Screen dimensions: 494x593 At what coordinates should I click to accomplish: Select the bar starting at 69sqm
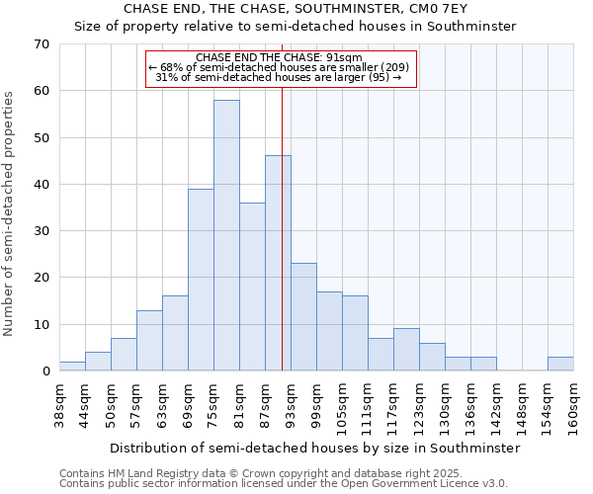(x=201, y=280)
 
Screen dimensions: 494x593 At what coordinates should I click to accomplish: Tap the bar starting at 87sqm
(x=278, y=263)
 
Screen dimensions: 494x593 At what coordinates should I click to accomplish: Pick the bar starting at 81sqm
(x=252, y=287)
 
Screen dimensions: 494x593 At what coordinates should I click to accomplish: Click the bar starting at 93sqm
(x=303, y=317)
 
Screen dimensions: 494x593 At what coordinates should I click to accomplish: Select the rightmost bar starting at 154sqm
(x=560, y=364)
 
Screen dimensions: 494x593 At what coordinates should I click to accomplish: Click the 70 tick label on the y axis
(x=41, y=43)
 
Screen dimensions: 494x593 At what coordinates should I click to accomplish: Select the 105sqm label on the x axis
(x=342, y=405)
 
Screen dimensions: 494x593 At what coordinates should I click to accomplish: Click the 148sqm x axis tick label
(x=522, y=405)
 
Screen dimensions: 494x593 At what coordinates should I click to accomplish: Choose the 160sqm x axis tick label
(x=573, y=405)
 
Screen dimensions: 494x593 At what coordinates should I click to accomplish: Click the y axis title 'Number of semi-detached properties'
(x=9, y=212)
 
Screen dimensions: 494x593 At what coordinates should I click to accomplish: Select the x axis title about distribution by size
(x=314, y=448)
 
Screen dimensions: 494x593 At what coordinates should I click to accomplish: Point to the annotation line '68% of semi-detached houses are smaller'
(x=281, y=67)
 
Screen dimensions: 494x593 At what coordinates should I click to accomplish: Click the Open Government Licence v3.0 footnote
(x=284, y=483)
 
